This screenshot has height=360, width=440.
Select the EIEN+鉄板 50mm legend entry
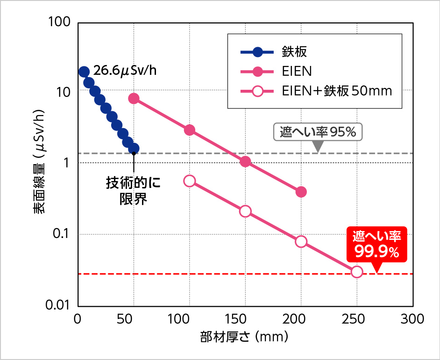336,91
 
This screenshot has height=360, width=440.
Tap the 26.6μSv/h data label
124,72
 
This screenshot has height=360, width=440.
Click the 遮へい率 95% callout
318,132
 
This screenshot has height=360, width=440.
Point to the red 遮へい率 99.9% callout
376,245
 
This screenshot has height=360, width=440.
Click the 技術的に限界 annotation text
134,191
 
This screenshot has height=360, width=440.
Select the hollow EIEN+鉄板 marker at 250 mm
356,272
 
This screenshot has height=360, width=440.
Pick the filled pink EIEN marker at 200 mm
301,192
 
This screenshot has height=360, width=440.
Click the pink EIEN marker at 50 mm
134,98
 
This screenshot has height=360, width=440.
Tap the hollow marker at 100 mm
190,181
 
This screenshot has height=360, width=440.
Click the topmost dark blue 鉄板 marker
84,72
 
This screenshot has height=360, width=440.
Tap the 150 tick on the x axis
245,320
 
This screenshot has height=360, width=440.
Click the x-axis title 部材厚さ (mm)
244,336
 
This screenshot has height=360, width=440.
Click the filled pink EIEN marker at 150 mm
245,161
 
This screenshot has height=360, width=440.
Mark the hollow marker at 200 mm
301,241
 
